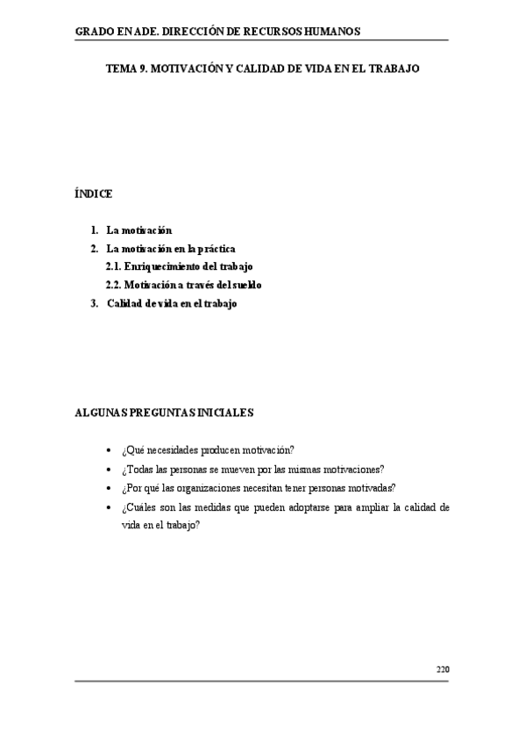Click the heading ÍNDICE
[x=93, y=194]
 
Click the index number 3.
[x=95, y=303]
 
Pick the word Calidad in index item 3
[x=124, y=303]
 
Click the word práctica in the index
[x=216, y=248]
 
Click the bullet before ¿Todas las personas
[x=108, y=470]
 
